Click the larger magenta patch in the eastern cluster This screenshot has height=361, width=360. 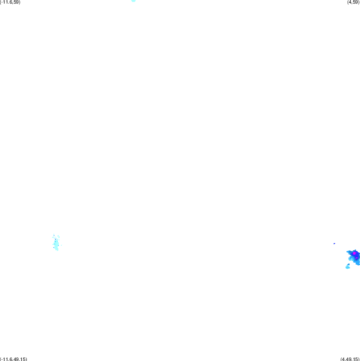tap(355, 253)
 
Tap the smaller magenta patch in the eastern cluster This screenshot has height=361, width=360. tap(356, 258)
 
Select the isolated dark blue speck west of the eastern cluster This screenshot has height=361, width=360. tap(334, 243)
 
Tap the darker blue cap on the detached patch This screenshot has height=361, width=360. tap(348, 265)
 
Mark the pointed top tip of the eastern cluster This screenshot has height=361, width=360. tap(355, 249)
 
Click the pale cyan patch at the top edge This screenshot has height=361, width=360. tap(133, 1)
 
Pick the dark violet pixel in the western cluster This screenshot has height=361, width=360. tap(55, 239)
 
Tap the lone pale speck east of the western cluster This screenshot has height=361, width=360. tap(61, 245)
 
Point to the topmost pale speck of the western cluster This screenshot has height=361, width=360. tap(54, 235)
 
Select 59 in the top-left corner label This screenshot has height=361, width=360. tap(16, 2)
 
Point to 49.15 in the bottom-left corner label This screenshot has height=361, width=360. tap(20, 359)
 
